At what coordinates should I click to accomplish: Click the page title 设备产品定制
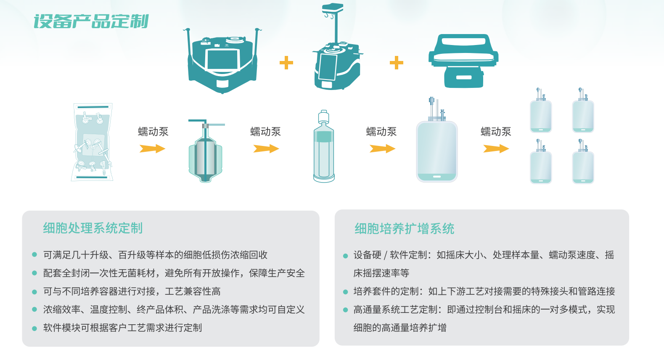(91, 21)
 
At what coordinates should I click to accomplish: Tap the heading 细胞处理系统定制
(93, 228)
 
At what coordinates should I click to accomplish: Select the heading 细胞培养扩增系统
(404, 229)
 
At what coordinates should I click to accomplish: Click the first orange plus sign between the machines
(286, 63)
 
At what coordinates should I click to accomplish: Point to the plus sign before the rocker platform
(396, 63)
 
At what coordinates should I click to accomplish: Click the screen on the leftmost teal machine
(222, 60)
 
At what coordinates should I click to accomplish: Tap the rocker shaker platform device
(463, 61)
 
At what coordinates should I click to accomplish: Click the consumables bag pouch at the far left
(93, 142)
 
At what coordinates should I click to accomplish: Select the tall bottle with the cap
(324, 146)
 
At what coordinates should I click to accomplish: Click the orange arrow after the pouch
(152, 148)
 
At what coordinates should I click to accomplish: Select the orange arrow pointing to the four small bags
(496, 148)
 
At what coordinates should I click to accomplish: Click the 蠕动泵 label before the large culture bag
(381, 132)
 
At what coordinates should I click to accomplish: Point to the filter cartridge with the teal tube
(206, 151)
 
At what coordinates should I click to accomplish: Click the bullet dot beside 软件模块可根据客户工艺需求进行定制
(34, 328)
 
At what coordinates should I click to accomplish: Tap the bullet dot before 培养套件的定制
(345, 292)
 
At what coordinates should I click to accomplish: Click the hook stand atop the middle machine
(333, 23)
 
